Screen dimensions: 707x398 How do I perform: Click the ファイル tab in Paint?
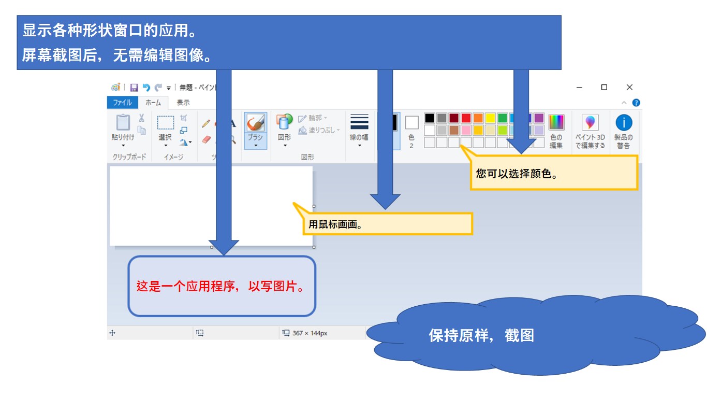(x=123, y=103)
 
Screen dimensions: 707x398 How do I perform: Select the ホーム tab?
(x=153, y=103)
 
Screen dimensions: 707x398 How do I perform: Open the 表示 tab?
(x=183, y=103)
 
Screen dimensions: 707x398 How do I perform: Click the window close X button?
(x=629, y=87)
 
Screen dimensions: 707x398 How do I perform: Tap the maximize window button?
(x=604, y=87)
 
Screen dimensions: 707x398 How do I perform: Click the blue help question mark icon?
(x=636, y=103)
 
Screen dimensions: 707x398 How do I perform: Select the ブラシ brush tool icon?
(x=255, y=123)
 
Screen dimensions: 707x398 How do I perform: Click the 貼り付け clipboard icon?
(x=123, y=122)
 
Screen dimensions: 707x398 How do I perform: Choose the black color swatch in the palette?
(x=430, y=118)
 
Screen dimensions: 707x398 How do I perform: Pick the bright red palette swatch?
(x=466, y=118)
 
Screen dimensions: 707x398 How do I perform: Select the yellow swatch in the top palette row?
(x=490, y=118)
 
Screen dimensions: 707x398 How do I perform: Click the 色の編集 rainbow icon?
(x=556, y=122)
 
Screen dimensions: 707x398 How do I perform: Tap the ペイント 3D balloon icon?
(x=590, y=122)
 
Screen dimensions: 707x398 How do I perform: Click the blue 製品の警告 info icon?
(x=624, y=122)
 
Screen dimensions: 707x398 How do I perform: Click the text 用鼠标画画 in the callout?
(x=335, y=224)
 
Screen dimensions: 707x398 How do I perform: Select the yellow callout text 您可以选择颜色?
(x=517, y=174)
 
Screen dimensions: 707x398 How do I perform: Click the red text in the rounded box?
(x=220, y=286)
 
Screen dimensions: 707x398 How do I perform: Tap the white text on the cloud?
(x=481, y=335)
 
